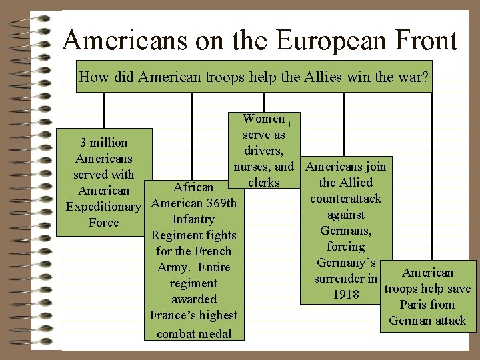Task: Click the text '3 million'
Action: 103,143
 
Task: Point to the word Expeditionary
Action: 103,207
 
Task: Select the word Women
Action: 263,119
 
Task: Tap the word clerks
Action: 263,183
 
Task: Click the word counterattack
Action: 345,199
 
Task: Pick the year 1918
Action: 345,295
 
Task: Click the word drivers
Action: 263,151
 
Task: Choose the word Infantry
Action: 193,219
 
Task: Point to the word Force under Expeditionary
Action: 103,223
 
